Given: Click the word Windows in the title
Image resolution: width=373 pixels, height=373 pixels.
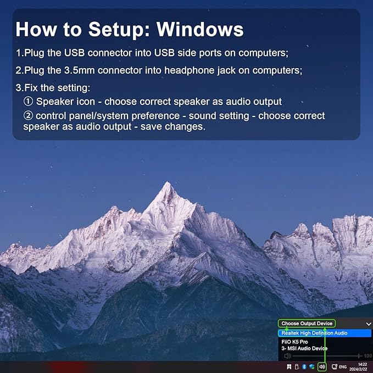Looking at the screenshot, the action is coord(200,29).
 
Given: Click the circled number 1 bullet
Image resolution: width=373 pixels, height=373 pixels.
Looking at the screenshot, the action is coord(28,101).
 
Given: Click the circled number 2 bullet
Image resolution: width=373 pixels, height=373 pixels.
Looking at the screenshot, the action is coord(28,115).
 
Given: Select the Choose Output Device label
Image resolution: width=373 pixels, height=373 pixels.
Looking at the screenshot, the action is coord(307,324).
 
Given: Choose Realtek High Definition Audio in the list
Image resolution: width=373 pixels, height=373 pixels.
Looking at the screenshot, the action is coord(314,333).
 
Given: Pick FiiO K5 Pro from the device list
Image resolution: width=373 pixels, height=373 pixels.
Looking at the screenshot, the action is coord(294,342).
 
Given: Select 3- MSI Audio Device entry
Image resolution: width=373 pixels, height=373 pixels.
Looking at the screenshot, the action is coord(304,348).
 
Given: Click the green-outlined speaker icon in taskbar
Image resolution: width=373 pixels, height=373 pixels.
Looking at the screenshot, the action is coord(322,366).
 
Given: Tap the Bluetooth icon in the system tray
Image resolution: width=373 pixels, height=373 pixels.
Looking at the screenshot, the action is coord(304,367).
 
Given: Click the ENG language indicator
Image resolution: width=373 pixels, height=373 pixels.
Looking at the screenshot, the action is coord(343,367).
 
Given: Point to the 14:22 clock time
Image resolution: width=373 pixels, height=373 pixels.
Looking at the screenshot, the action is coord(363,364).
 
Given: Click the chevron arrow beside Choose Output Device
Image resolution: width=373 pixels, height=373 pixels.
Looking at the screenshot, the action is coord(369,324).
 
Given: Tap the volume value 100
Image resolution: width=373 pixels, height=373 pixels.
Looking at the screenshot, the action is coord(368,356).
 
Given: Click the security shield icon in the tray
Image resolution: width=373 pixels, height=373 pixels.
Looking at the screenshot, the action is coord(312,367).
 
